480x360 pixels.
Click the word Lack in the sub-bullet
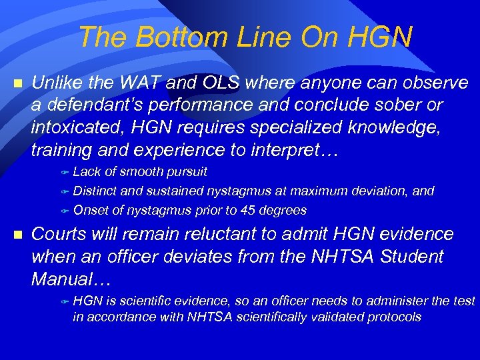87,172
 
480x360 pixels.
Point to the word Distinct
95,191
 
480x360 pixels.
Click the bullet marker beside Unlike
18,84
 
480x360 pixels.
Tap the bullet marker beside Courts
18,235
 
